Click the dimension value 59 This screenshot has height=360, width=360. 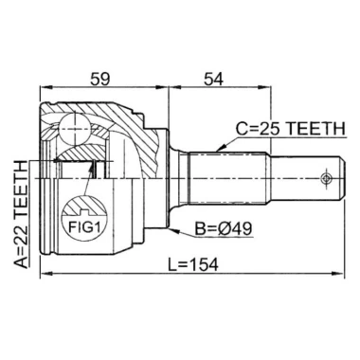coord(99,79)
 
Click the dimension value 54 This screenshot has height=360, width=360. coord(213,79)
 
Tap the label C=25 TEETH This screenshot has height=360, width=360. coord(291,129)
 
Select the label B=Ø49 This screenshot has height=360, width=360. coord(223,229)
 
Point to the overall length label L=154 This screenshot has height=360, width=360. coord(193,264)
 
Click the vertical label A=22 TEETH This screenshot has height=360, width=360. coord(22,215)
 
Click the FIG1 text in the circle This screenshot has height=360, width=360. coord(84,226)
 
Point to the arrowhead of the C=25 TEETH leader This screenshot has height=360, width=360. coord(220,148)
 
